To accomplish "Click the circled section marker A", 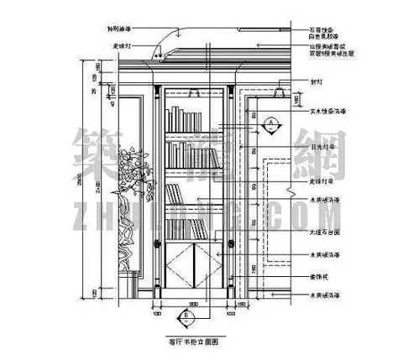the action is pyautogui.click(x=271, y=124).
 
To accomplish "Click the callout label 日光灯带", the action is pyautogui.click(x=322, y=143).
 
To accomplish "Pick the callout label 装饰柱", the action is pyautogui.click(x=318, y=275).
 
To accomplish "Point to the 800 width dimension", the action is pyautogui.click(x=192, y=303).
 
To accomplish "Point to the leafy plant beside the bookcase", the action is pyautogui.click(x=134, y=168).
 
